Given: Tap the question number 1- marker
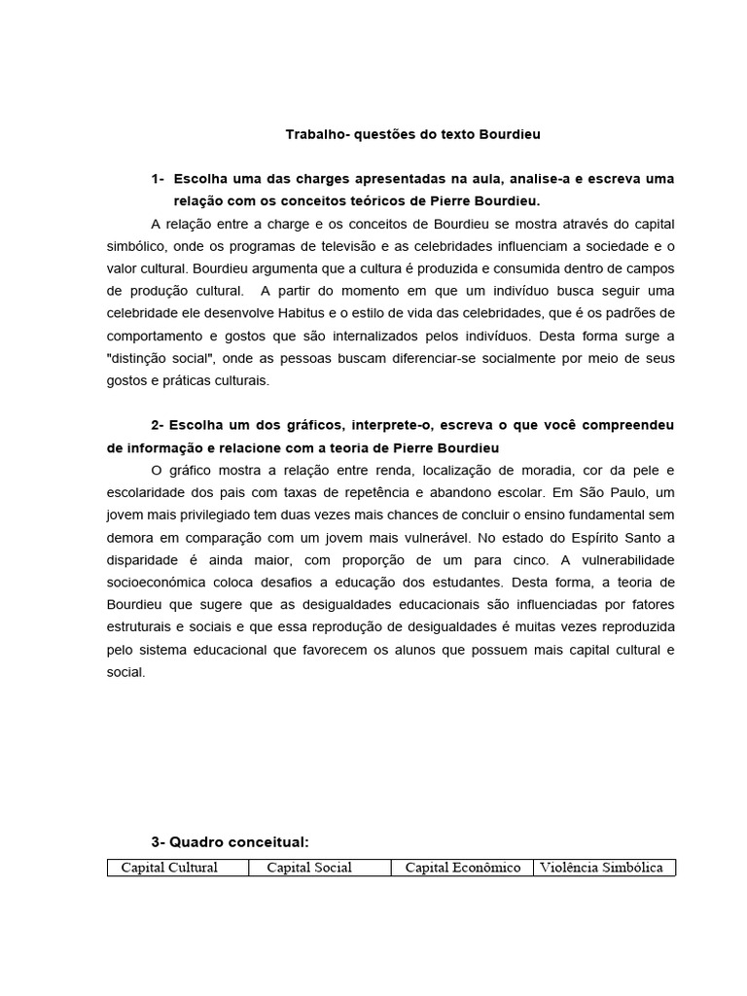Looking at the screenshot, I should [159, 179].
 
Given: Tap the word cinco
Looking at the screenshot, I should [491, 560].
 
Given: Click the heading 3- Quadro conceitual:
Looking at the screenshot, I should [230, 842].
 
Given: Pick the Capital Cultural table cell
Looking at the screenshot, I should [168, 868].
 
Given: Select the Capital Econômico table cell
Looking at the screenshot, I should [462, 868].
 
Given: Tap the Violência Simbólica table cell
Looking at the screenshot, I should [603, 868].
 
